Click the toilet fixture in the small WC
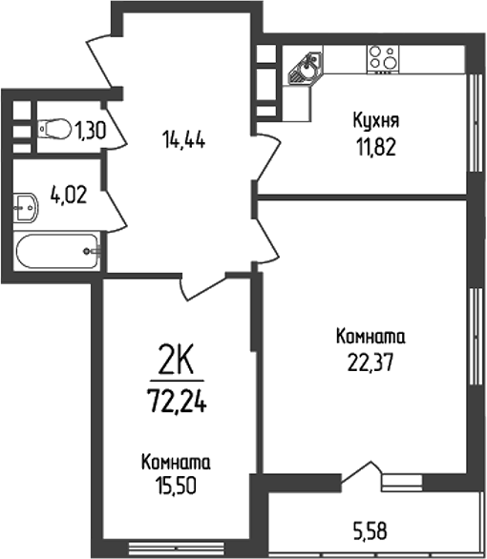(53, 128)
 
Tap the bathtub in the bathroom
(57, 251)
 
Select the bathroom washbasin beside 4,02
(26, 208)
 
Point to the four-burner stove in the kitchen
(383, 59)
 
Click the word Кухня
(376, 120)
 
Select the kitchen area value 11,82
(376, 147)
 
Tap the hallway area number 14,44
(183, 139)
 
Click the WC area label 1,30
(91, 131)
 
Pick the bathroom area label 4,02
(69, 196)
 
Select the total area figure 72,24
(177, 400)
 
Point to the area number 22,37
(371, 363)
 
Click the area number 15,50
(176, 486)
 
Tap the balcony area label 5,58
(371, 531)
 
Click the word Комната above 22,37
(371, 337)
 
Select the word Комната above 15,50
(176, 463)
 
